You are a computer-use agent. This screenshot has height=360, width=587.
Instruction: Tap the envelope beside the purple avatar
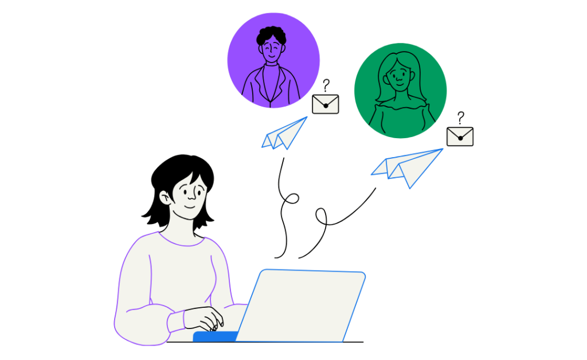[x=326, y=104]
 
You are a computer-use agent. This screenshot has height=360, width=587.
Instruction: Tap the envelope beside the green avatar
[x=460, y=136]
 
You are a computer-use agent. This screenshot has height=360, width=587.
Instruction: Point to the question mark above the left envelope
[x=326, y=85]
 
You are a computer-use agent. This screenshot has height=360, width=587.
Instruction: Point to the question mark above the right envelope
[x=460, y=118]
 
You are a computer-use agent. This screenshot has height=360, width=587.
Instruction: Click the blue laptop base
[x=215, y=336]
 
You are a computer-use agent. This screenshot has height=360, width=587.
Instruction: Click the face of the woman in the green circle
[x=398, y=73]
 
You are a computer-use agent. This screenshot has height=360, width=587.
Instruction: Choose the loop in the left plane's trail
[x=292, y=198]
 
